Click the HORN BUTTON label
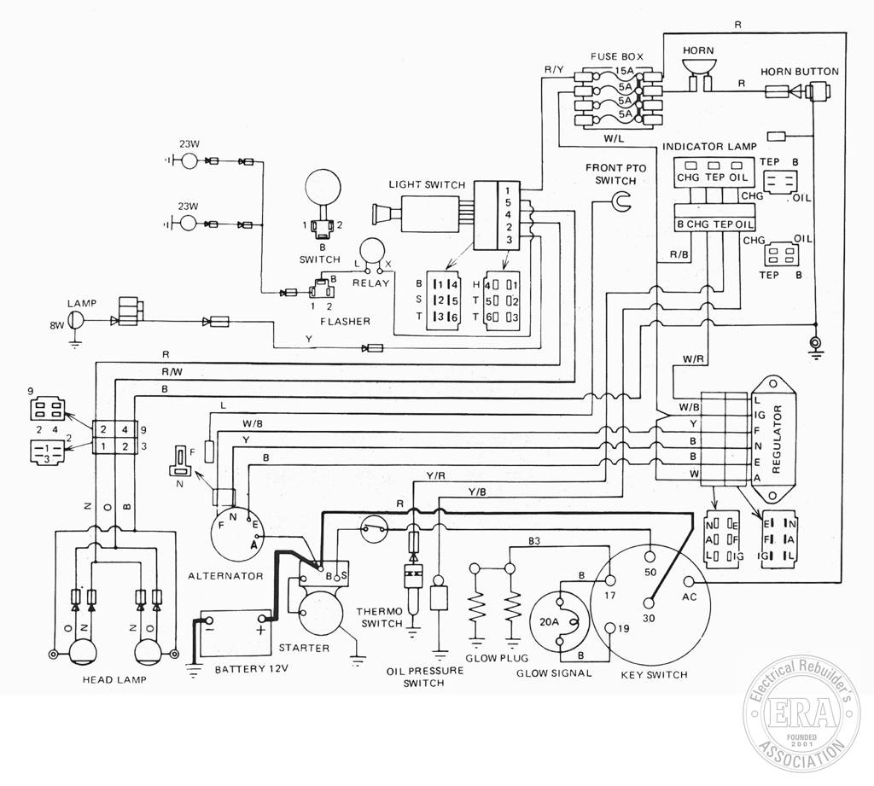(x=799, y=72)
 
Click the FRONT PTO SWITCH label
(x=615, y=174)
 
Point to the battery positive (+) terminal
(x=263, y=618)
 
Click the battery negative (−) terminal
(x=207, y=620)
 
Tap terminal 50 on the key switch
(x=650, y=556)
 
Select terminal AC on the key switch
(x=690, y=583)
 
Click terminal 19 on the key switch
(x=611, y=627)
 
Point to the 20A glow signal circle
(x=559, y=622)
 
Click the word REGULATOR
(x=777, y=440)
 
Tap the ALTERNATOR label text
(x=225, y=575)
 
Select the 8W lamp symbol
(x=75, y=319)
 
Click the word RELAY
(x=370, y=282)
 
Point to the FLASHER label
(x=345, y=321)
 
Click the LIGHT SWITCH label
(x=427, y=184)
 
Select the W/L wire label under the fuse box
(x=614, y=138)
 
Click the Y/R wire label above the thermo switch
(x=435, y=475)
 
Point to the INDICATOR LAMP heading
(x=709, y=147)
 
